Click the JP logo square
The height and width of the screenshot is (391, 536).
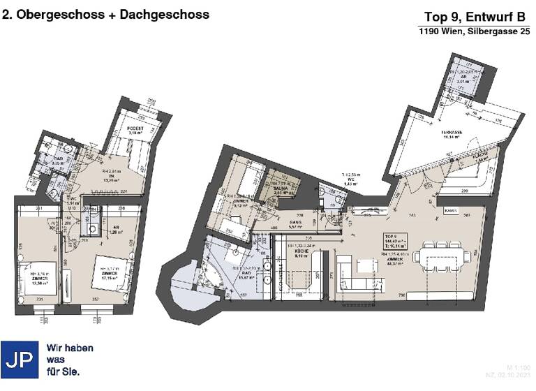pyautogui.click(x=20, y=360)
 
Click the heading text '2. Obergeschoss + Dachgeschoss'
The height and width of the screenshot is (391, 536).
pyautogui.click(x=106, y=14)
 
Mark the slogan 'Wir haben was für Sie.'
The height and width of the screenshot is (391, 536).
pyautogui.click(x=69, y=360)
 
